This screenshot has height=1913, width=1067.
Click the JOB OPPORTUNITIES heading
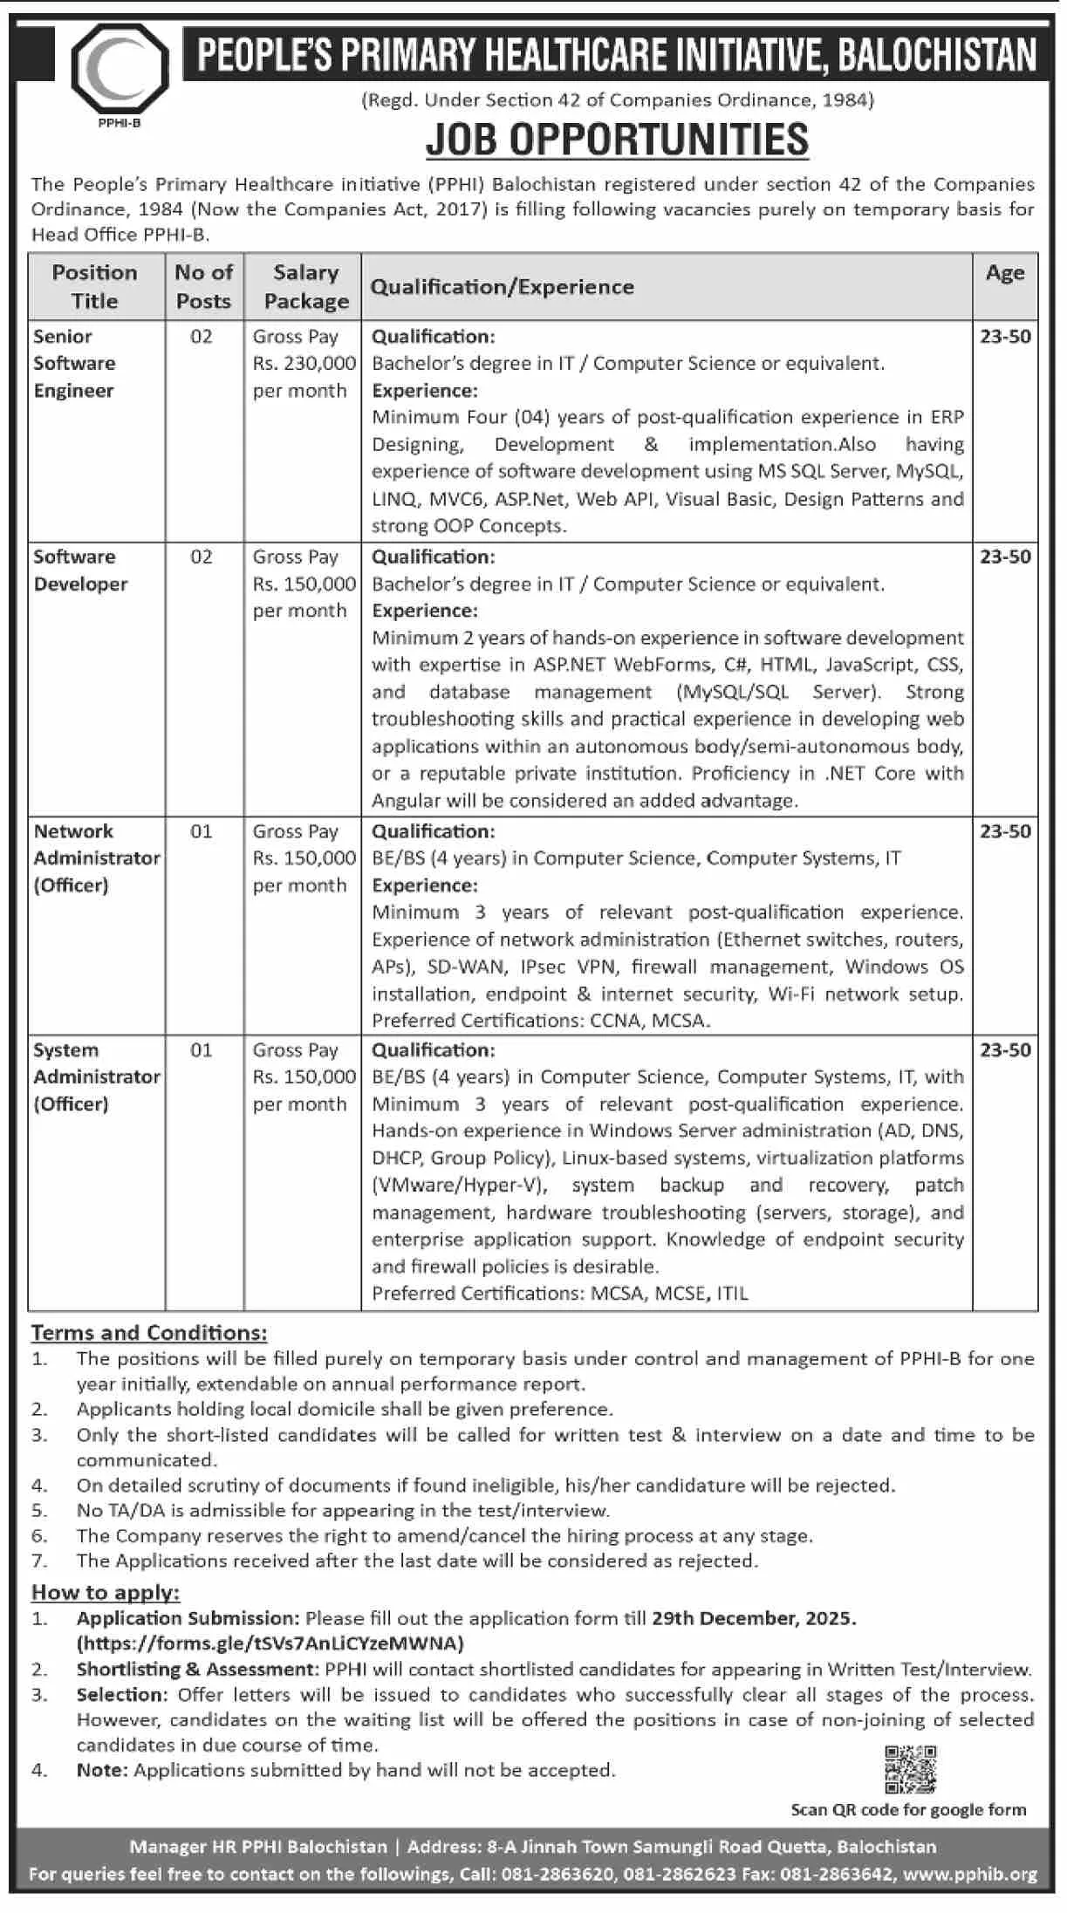(617, 140)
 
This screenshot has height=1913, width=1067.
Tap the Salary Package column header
(305, 286)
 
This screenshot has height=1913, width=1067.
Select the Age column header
(1004, 273)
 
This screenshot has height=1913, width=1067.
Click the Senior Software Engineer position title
(74, 363)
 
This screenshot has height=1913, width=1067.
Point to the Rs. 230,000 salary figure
(304, 363)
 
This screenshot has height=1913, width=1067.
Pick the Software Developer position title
(80, 570)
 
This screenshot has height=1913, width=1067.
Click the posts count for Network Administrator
(202, 831)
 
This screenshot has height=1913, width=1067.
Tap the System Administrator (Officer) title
(96, 1076)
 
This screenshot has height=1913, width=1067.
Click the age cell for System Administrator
(1005, 1049)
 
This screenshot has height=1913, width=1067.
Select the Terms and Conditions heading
(149, 1332)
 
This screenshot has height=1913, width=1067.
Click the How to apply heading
(106, 1592)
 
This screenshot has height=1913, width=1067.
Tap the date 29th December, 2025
(753, 1618)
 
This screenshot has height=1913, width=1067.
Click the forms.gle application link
(270, 1643)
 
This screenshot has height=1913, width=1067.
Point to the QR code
(910, 1769)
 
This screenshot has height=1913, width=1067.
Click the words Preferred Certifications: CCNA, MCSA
(541, 1020)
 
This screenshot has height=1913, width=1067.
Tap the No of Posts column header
(203, 286)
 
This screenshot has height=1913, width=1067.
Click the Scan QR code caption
(908, 1809)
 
